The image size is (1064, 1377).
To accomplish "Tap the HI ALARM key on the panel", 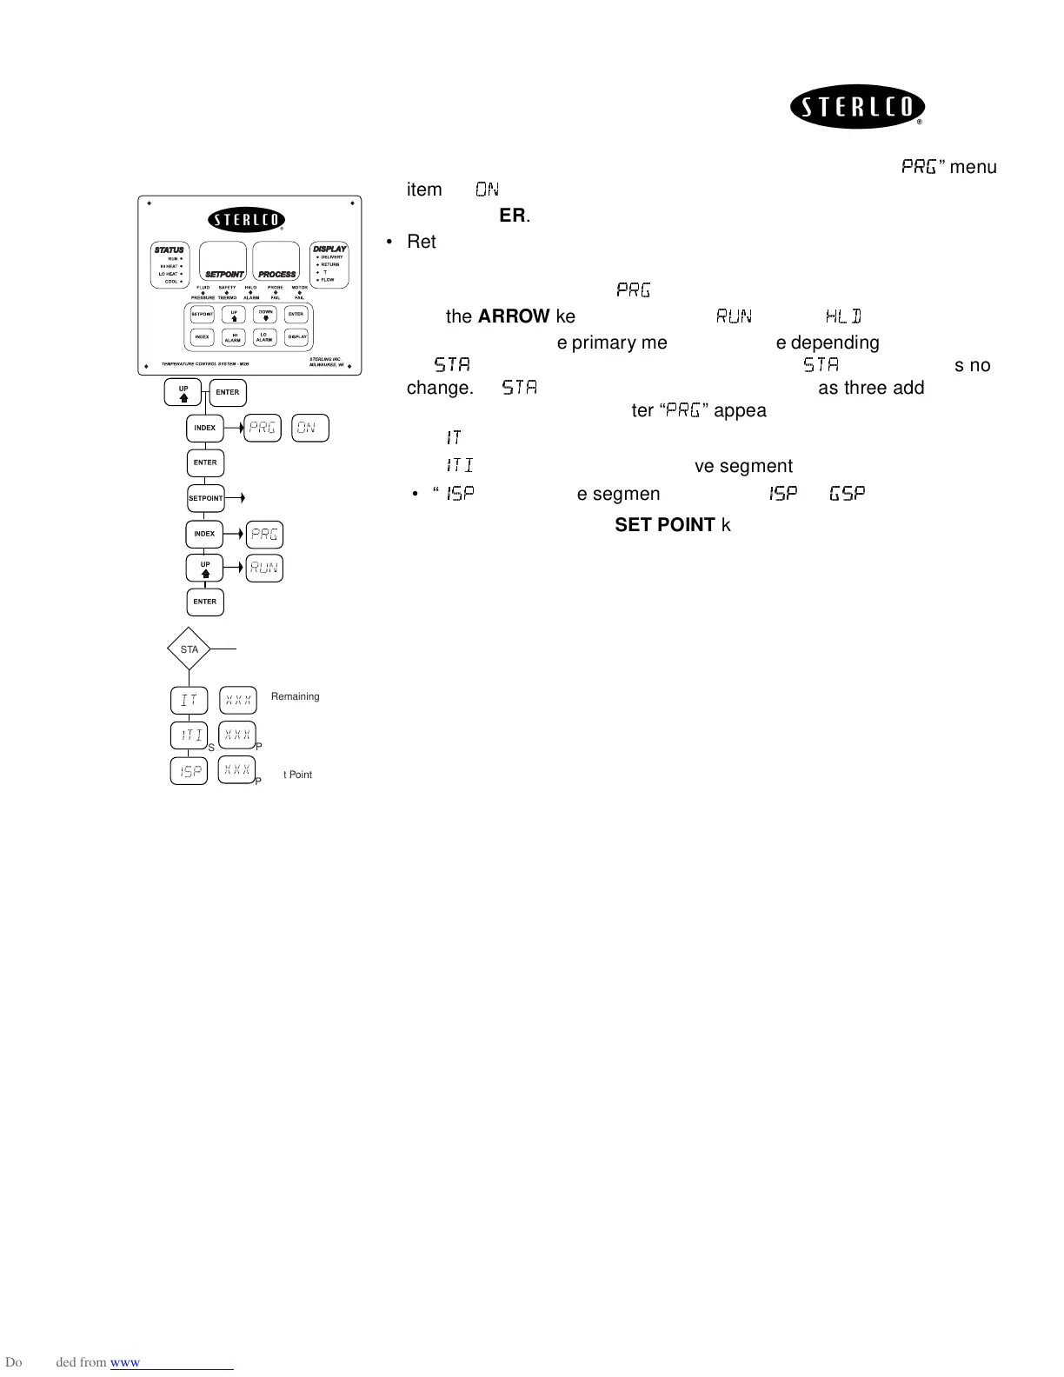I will click(x=233, y=337).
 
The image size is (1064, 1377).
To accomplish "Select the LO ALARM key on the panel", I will click(x=264, y=337).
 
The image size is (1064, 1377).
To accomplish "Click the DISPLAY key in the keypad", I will click(x=296, y=337).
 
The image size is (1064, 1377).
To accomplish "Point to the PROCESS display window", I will click(x=276, y=261).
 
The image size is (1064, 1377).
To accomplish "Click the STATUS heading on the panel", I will click(x=170, y=249).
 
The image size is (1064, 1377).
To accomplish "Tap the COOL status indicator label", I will click(x=171, y=282).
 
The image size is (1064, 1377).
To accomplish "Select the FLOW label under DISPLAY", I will click(x=328, y=280).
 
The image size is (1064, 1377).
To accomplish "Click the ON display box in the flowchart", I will click(x=309, y=429).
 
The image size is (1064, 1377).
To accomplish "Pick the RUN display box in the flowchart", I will click(x=264, y=569).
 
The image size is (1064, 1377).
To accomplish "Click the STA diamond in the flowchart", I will click(x=190, y=649).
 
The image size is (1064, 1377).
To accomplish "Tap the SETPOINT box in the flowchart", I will click(x=206, y=498).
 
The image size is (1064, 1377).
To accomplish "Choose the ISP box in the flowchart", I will click(x=189, y=771).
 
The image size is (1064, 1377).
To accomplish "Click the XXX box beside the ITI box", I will click(x=237, y=735).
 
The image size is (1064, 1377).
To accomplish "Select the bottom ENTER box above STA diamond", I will click(x=205, y=602).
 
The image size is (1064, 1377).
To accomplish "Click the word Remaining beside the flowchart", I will click(x=295, y=696).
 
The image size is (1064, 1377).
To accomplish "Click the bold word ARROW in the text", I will click(x=514, y=316).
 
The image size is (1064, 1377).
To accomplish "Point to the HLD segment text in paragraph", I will click(x=842, y=316).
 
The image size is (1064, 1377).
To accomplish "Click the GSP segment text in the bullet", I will click(x=847, y=494).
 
